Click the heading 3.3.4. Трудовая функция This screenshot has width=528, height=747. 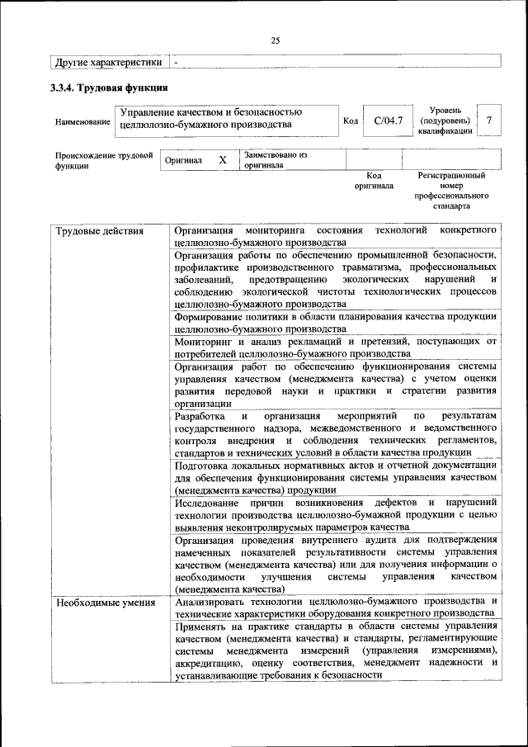110,87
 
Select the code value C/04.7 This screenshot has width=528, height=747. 388,121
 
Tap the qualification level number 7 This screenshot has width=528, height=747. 489,121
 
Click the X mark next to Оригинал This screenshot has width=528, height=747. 222,160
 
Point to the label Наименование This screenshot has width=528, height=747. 82,122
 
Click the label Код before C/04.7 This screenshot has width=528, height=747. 350,121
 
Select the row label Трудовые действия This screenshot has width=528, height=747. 99,230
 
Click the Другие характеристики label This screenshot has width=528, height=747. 108,62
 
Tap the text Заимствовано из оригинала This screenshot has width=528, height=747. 275,159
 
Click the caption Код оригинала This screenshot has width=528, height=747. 373,181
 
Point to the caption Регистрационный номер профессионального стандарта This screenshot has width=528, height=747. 451,191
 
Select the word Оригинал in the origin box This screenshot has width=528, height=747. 183,160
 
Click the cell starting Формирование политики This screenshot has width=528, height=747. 336,322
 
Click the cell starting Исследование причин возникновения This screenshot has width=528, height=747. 336,514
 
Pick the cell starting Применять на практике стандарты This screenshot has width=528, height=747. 336,650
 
